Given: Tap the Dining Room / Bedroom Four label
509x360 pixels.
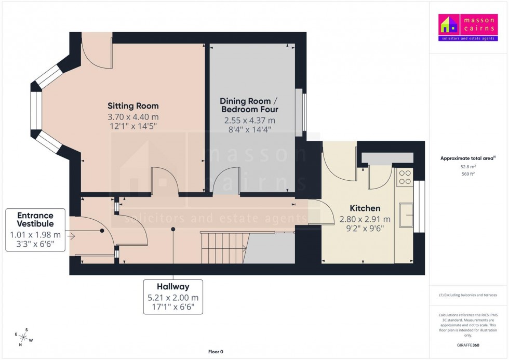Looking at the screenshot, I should coord(249,105).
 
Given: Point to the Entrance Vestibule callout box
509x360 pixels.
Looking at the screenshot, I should coord(35,230).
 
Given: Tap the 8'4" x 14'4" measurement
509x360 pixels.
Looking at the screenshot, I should coord(249,129).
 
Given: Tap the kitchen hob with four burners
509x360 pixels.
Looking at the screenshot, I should coord(405,177).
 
